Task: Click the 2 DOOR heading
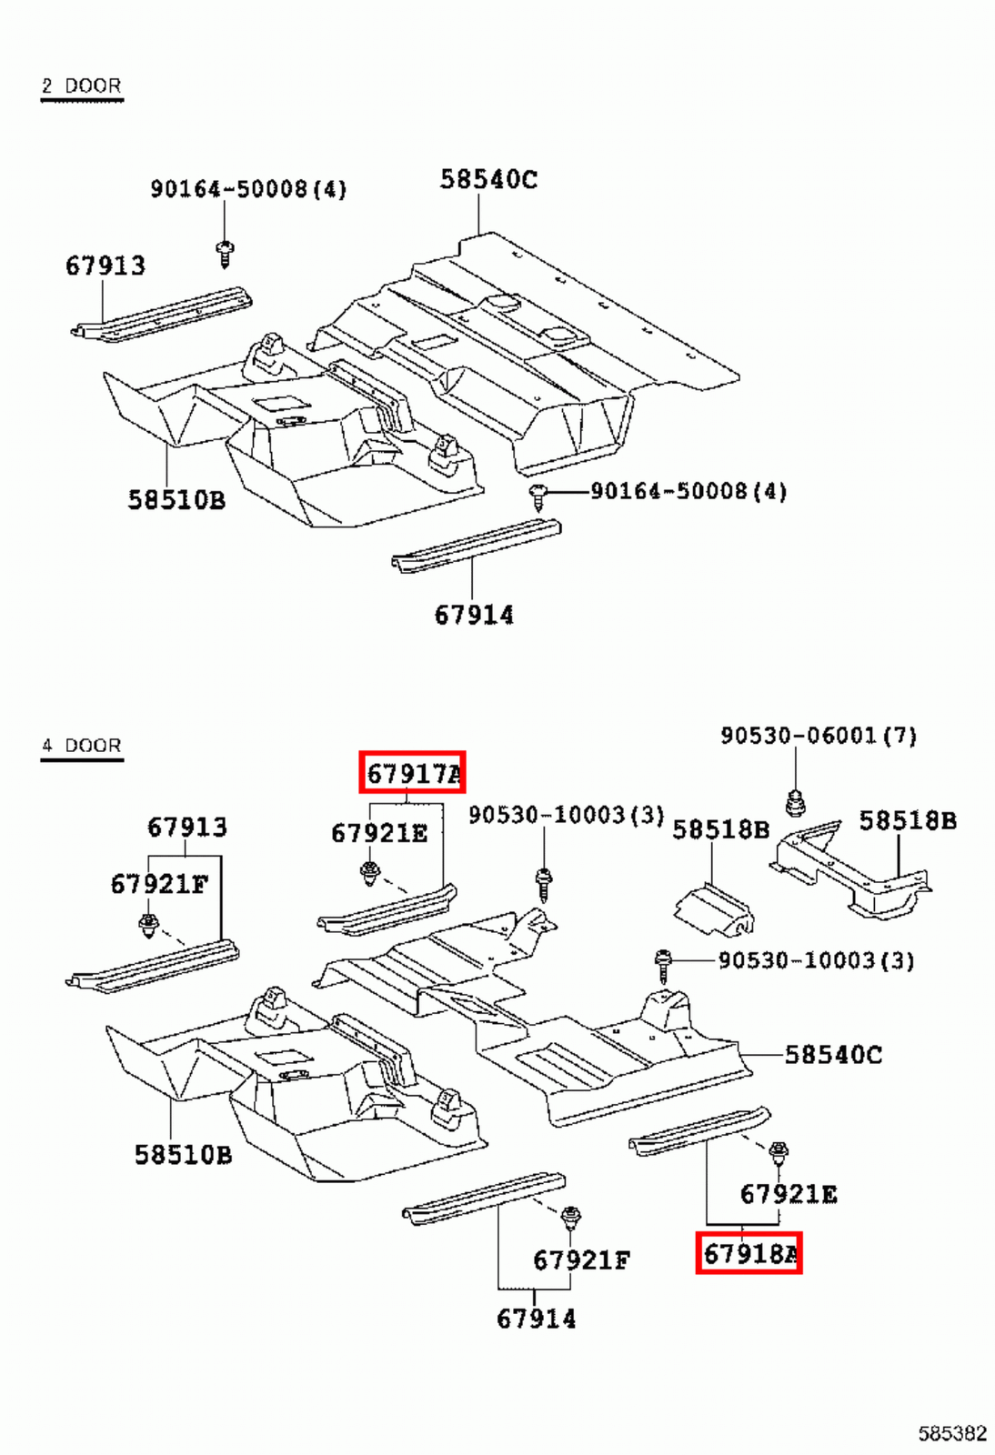click(x=81, y=85)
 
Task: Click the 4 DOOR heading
click(x=81, y=746)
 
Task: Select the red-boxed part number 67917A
click(x=413, y=774)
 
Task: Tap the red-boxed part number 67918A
click(x=749, y=1254)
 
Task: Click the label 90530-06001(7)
click(x=819, y=736)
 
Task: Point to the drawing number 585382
click(x=951, y=1434)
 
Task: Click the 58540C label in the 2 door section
click(x=488, y=179)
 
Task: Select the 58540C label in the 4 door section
click(x=832, y=1055)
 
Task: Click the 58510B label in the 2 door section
click(x=176, y=500)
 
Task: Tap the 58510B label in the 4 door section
click(x=183, y=1155)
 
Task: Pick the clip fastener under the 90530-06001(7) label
click(x=795, y=803)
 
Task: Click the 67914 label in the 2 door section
click(x=474, y=616)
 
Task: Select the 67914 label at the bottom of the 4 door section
click(x=536, y=1319)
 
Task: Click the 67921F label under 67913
click(x=159, y=884)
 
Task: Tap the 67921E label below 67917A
click(x=379, y=833)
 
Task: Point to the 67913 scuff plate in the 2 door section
click(x=164, y=315)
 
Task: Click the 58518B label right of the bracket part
click(x=908, y=821)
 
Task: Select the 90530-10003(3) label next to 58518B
click(x=566, y=815)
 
